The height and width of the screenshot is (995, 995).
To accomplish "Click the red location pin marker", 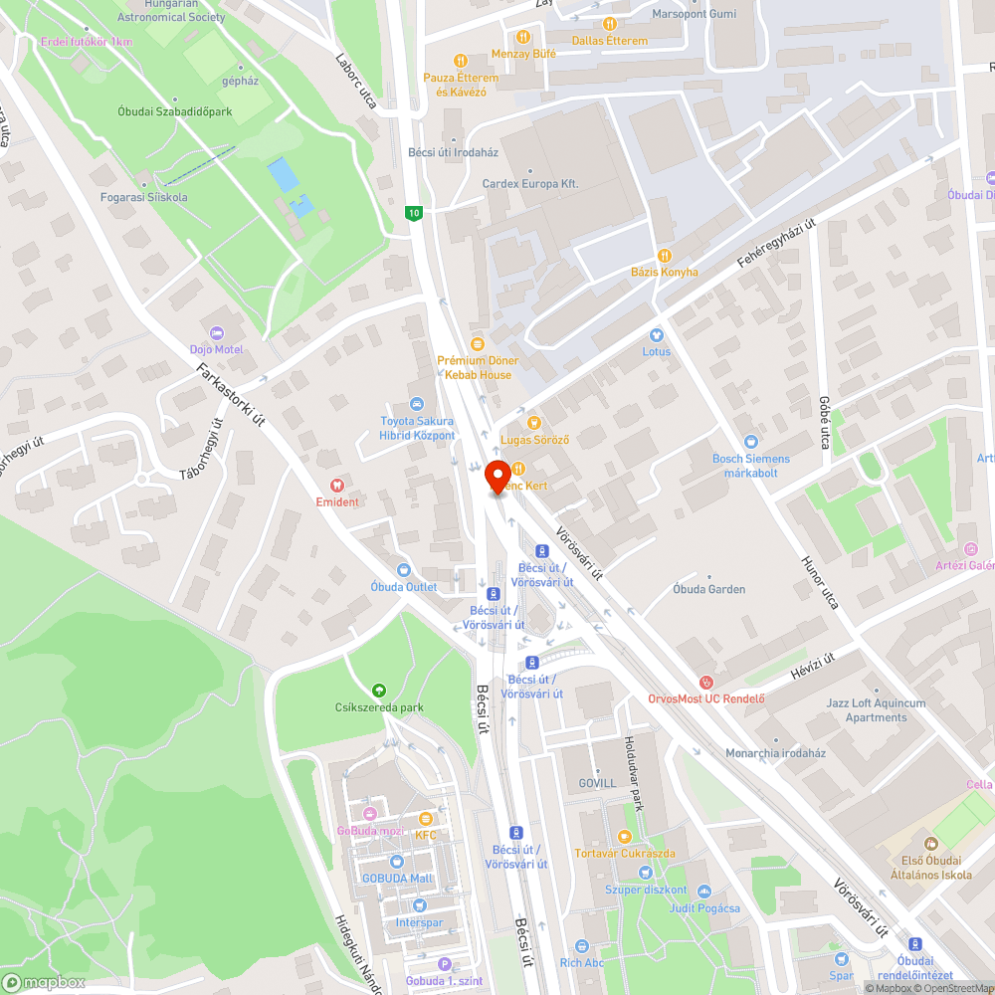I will click(x=497, y=478).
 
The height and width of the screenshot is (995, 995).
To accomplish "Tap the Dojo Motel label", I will click(x=217, y=349).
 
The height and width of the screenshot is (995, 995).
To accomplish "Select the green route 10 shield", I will click(x=414, y=213).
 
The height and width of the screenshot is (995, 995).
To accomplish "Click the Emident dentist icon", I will click(x=337, y=485).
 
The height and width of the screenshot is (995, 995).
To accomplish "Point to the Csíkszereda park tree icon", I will click(x=378, y=691).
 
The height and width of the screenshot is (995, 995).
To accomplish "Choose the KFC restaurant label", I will click(x=426, y=835).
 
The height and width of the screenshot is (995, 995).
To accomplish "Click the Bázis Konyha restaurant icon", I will click(x=665, y=256).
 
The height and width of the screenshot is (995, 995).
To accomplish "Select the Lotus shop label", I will click(x=656, y=351).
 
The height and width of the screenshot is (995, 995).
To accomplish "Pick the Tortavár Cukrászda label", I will click(x=625, y=854).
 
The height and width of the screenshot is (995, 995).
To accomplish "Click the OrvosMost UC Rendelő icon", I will click(x=706, y=682).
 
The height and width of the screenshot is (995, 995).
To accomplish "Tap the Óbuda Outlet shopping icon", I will click(x=403, y=570).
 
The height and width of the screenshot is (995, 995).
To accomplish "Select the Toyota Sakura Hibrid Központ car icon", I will click(x=417, y=403).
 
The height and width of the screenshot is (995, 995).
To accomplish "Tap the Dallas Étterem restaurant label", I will click(x=609, y=41).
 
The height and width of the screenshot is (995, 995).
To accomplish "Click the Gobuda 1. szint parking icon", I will click(x=445, y=963).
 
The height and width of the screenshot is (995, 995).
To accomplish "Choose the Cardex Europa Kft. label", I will click(x=530, y=184).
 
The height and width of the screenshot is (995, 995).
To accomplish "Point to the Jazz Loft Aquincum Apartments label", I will click(x=876, y=709).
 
